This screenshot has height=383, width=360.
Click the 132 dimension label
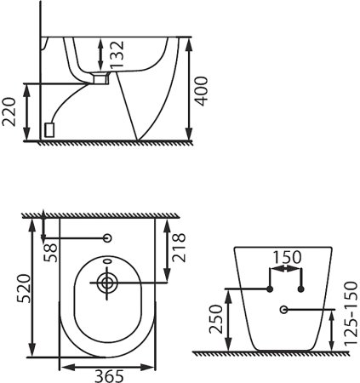pyautogui.click(x=117, y=54)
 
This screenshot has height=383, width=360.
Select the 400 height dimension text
pyautogui.click(x=202, y=91)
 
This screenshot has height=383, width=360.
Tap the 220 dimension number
pyautogui.click(x=9, y=111)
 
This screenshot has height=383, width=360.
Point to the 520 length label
pyautogui.click(x=23, y=289)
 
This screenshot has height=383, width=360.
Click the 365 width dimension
pyautogui.click(x=109, y=376)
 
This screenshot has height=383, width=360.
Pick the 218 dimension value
pyautogui.click(x=179, y=248)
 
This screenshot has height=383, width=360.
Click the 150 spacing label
pyautogui.click(x=287, y=257)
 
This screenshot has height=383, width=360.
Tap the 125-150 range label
pyautogui.click(x=351, y=313)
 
